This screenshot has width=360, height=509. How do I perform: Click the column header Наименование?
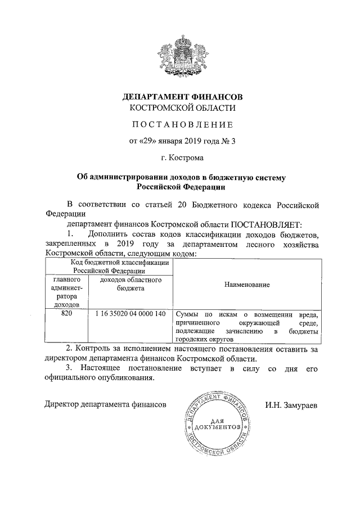pyautogui.click(x=246, y=285)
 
